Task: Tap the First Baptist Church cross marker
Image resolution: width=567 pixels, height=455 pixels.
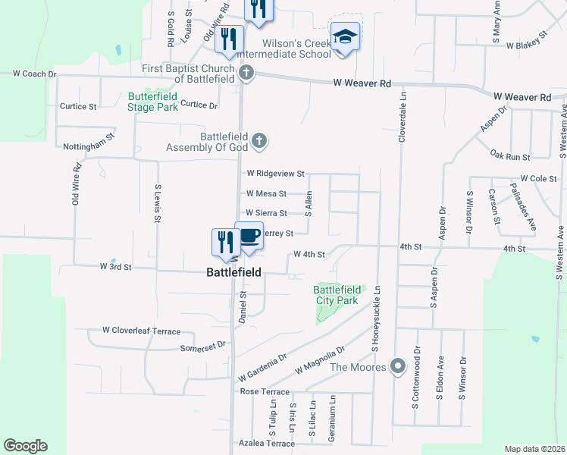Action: [x=246, y=73]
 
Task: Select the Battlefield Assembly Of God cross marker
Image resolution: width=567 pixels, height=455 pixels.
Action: [x=259, y=140]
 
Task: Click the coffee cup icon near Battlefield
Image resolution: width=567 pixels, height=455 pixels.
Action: [x=249, y=235]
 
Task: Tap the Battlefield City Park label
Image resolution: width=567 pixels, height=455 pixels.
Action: [x=337, y=295]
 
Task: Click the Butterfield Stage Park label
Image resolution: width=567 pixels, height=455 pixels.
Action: [x=152, y=102]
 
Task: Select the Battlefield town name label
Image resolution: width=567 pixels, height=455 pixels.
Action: [x=235, y=271]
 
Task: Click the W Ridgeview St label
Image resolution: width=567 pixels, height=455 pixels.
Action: [x=275, y=174]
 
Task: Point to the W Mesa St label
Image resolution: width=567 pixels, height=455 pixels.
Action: [x=266, y=194]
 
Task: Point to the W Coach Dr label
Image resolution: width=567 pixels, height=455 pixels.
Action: [x=35, y=74]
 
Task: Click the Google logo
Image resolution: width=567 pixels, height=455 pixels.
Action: [x=25, y=446]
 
